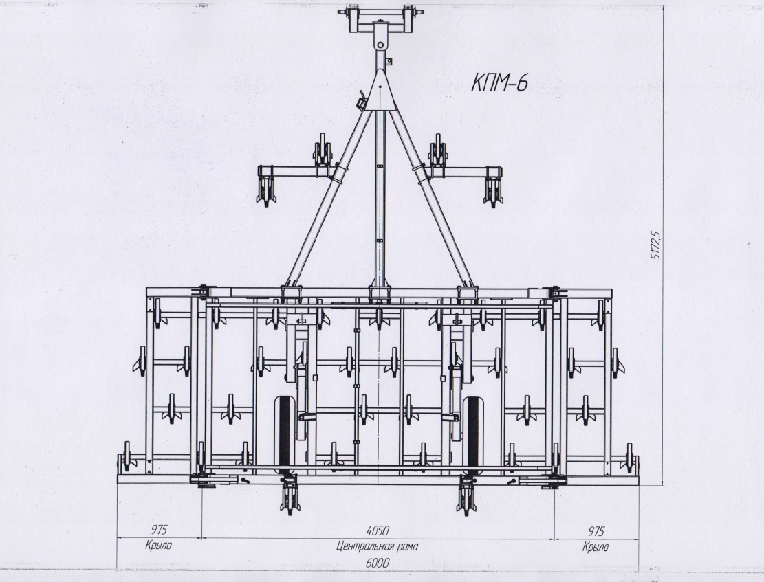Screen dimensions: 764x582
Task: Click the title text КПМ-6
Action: (x=499, y=83)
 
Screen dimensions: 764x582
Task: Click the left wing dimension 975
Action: (x=158, y=530)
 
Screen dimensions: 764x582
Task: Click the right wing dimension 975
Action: (x=596, y=530)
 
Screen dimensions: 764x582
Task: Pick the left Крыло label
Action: (x=158, y=545)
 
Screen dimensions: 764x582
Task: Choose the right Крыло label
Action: (x=596, y=547)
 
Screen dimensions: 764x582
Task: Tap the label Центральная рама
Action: (x=377, y=546)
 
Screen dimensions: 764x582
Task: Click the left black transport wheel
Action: (x=284, y=432)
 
